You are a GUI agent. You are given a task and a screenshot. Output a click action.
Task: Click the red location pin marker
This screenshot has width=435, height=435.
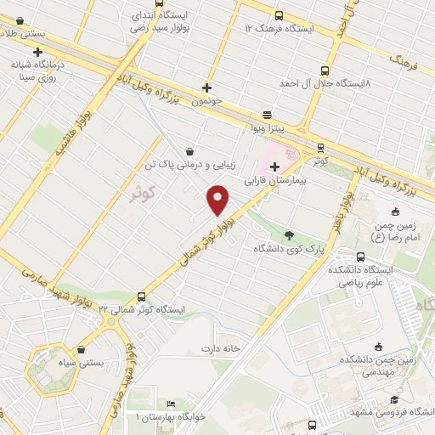(219, 200)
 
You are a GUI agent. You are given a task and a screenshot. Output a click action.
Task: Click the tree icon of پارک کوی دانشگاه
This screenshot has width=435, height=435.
(290, 235)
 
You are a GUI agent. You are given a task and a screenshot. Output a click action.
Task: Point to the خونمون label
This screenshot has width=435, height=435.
(206, 100)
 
